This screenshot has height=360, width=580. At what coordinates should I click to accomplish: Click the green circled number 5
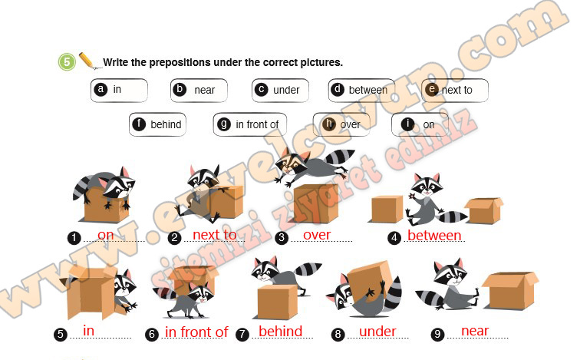coord(67,61)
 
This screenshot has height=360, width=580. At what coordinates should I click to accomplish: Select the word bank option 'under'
coord(280,91)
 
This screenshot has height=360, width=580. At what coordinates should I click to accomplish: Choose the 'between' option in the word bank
coord(361,91)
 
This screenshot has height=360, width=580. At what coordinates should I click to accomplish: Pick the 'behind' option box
coord(157,124)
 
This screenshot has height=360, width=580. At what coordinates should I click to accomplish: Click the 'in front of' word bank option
coord(249,124)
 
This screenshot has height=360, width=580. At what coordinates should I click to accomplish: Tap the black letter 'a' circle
coord(101,90)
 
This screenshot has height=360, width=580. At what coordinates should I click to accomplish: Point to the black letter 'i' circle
coord(407,124)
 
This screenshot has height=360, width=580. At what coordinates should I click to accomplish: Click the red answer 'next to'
coord(215,235)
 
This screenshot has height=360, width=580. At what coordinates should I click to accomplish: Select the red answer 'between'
coord(434,236)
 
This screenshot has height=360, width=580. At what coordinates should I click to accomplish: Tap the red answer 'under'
coord(377,332)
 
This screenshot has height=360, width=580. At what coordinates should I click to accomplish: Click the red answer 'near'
coord(475,331)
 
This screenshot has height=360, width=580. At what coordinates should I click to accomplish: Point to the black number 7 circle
coord(242,335)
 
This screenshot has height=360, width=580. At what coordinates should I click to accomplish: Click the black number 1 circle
coord(74,238)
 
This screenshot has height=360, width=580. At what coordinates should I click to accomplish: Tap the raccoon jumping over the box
coord(315,165)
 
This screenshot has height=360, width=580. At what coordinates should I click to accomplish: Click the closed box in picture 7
coord(276,302)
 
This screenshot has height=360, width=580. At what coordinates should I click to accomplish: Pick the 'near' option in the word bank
coord(199,91)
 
